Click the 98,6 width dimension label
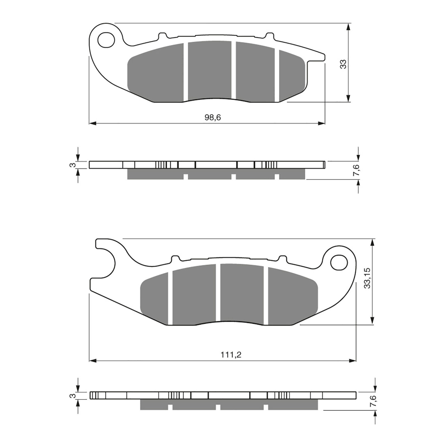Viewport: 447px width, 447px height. coord(213,118)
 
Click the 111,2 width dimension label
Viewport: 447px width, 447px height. coord(231,355)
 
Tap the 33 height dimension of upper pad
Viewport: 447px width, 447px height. coord(343,64)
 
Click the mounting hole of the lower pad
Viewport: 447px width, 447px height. coord(339,263)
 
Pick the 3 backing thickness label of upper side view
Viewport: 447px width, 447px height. coord(72,165)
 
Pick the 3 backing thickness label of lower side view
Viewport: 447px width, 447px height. coord(72,396)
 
